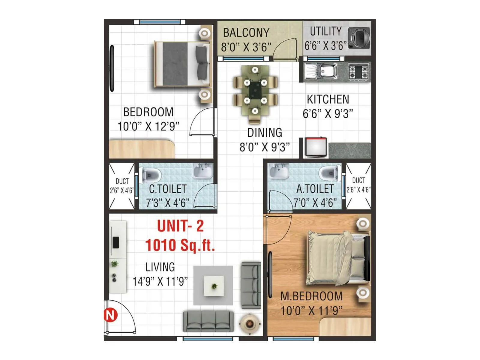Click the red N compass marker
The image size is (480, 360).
(110, 315)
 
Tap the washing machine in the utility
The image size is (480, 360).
(359, 37)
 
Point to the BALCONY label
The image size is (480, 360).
(246, 33)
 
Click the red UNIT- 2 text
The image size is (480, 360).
(180, 226)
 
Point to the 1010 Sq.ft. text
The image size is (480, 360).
(180, 245)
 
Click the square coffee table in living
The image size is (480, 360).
(214, 286)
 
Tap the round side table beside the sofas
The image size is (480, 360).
(249, 323)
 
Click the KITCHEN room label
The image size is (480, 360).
(328, 99)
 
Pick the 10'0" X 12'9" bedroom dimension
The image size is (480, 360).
(148, 126)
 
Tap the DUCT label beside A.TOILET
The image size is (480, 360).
(358, 180)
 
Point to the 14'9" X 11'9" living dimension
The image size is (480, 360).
(160, 281)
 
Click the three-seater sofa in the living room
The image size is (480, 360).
(208, 321)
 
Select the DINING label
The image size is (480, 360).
(265, 133)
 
